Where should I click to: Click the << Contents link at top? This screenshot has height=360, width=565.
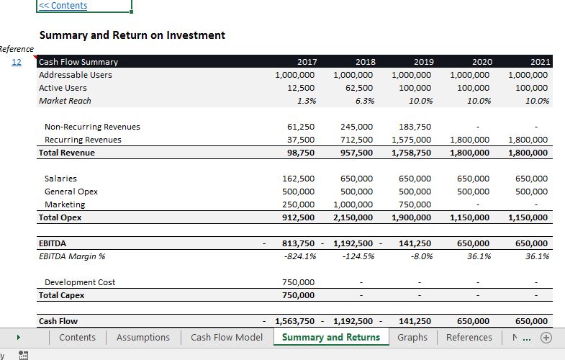tap(63, 6)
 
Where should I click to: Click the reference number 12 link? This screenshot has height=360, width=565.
tap(17, 62)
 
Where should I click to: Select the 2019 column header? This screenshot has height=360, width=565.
tap(423, 62)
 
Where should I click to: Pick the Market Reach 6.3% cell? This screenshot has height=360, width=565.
tap(364, 101)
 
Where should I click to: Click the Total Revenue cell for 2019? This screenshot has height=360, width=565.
tap(412, 153)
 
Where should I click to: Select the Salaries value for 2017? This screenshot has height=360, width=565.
tap(299, 179)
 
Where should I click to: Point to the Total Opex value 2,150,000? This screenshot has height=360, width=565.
tap(353, 217)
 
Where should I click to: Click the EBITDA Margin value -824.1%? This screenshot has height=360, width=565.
tap(300, 256)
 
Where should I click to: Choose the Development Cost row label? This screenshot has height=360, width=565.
tap(80, 282)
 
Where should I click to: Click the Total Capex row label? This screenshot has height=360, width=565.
tap(62, 295)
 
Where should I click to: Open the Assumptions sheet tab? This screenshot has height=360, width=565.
tap(143, 337)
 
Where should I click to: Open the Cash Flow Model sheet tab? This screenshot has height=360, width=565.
tap(227, 337)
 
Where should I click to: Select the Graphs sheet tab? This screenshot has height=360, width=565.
tap(412, 337)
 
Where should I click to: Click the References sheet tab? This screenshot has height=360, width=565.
tap(469, 337)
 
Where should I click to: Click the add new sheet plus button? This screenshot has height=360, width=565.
tap(547, 337)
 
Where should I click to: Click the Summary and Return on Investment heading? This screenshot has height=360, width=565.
tap(132, 35)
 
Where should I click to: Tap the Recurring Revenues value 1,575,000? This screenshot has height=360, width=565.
tap(412, 140)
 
